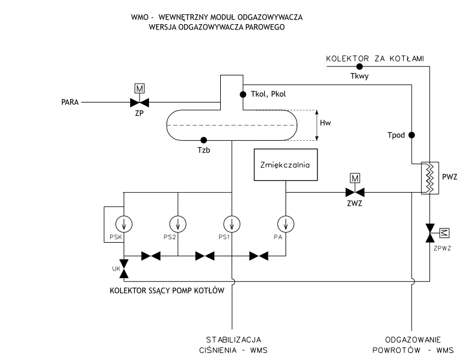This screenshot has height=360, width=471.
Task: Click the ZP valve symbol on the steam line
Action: (x=140, y=102)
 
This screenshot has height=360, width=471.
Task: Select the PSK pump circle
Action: (x=124, y=224)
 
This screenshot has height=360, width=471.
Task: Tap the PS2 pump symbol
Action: (x=177, y=224)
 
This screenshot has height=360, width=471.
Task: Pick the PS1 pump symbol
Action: (x=232, y=224)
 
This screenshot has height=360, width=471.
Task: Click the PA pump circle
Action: (x=285, y=224)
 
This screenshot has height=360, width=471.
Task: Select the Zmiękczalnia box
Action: (x=285, y=165)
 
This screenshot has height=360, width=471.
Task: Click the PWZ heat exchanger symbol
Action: (x=428, y=176)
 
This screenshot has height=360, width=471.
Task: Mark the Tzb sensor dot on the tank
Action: (x=203, y=140)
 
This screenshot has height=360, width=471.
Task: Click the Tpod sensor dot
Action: (x=412, y=135)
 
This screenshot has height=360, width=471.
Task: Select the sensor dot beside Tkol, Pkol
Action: (x=242, y=94)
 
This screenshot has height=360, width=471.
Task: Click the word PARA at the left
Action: (x=70, y=102)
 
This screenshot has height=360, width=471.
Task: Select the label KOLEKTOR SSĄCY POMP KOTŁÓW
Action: (x=167, y=290)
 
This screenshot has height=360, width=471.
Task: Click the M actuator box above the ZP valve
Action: (x=140, y=88)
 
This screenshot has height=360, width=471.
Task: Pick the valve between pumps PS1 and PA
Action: (x=258, y=256)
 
